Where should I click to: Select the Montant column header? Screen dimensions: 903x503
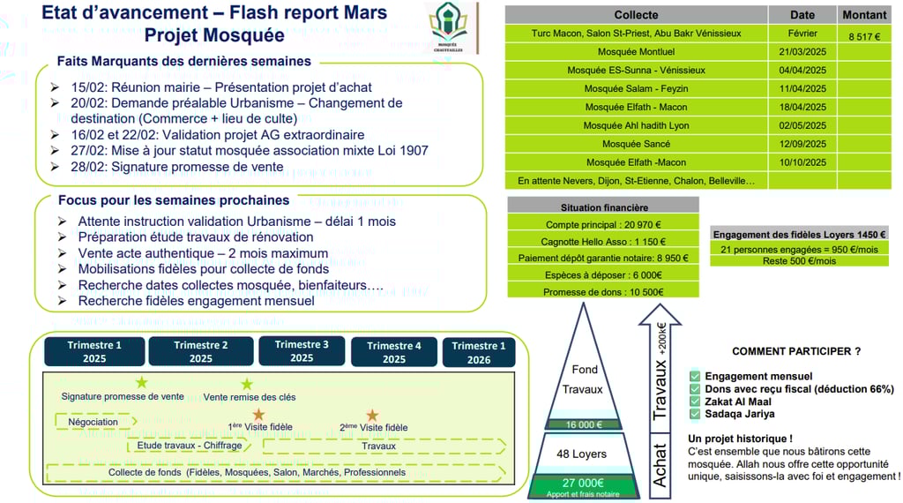pos(864,15)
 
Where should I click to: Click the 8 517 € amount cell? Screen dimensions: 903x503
pos(864,36)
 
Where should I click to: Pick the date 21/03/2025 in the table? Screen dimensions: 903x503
pos(802,52)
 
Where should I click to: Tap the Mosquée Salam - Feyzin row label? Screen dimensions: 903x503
pos(636,88)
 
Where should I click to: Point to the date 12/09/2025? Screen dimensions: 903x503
pos(802,144)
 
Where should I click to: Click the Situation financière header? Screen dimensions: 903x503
pos(603,206)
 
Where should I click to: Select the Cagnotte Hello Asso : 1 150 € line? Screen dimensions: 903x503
pos(603,241)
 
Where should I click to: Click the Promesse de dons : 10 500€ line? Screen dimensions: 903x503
pos(603,291)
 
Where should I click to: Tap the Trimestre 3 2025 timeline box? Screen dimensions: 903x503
pos(302,351)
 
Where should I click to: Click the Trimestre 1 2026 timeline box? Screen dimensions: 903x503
pos(479,352)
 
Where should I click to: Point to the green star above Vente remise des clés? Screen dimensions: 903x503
pos(247,384)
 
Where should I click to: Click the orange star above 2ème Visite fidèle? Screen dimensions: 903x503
pos(372,414)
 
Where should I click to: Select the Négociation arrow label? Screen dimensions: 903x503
pos(93,422)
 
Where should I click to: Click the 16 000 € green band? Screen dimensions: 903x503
pos(583,424)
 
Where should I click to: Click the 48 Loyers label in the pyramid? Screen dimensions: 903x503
pos(581,454)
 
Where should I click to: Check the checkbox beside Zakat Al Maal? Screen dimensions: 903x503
pos(695,402)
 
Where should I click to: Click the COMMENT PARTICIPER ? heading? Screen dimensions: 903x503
pos(796,351)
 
